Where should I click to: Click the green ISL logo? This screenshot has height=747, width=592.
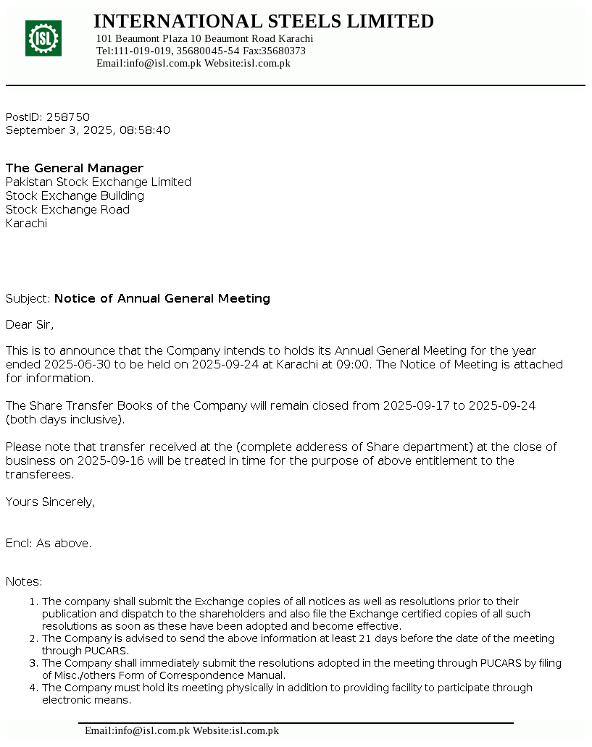coord(43,38)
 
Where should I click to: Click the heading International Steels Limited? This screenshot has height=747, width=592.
coord(264,22)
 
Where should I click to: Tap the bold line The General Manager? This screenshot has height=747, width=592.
coord(75,168)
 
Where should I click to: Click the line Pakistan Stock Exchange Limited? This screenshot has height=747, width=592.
coord(99,182)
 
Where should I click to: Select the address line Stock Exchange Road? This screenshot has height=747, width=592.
coord(67,209)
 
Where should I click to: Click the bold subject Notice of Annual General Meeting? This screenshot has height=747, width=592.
coord(162,298)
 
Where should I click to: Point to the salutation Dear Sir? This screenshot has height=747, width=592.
coord(30,324)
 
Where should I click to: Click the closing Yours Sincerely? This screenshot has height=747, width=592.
coord(50,502)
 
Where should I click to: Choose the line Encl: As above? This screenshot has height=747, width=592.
coord(49,543)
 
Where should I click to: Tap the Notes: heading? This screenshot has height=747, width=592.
coord(24,581)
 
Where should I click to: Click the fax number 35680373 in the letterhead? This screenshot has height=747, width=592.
coord(283,51)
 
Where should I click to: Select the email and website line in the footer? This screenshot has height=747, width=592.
coord(182,730)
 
